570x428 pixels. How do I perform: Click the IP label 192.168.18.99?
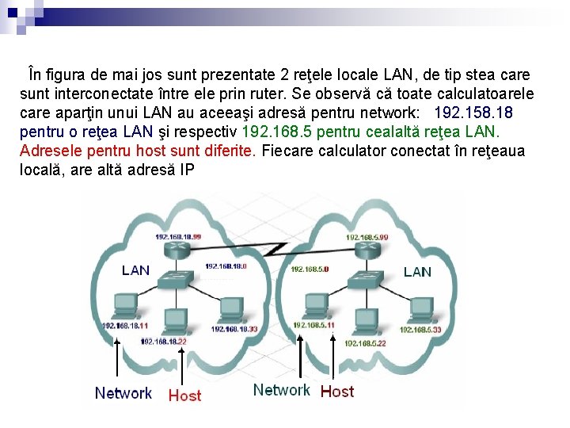177,236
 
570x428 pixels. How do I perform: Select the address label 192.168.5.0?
310,269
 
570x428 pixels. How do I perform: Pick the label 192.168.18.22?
163,341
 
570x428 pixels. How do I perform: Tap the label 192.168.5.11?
313,325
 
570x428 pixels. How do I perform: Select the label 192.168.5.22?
365,343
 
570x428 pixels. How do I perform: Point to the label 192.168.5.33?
420,329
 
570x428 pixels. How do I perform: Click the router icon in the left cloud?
177,250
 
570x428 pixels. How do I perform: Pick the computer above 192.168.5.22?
367,323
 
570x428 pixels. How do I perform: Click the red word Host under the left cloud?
184,395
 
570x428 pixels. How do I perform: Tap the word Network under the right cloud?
281,390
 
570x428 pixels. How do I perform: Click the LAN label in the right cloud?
417,272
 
